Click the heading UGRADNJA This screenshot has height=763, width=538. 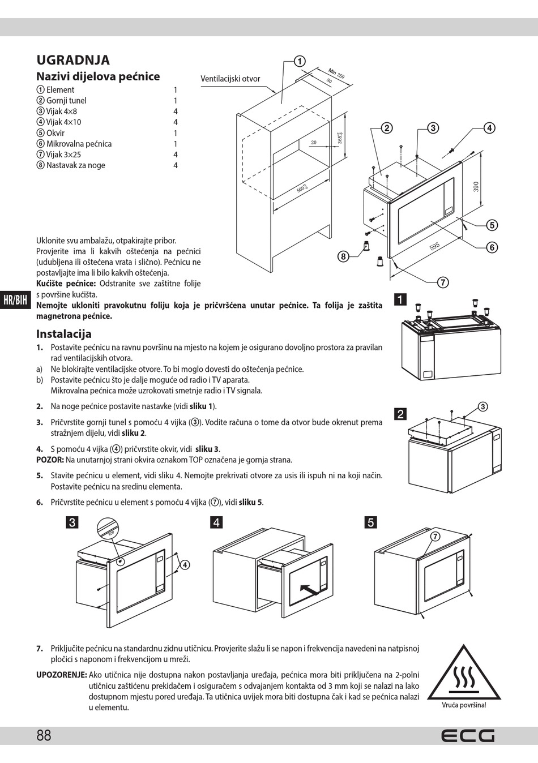(73, 61)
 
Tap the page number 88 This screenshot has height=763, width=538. (44, 735)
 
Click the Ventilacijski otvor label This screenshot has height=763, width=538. (230, 79)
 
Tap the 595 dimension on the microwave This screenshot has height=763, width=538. (434, 246)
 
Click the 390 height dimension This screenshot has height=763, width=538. (476, 186)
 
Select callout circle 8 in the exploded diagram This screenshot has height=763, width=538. (343, 256)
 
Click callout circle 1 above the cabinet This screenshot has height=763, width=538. (300, 61)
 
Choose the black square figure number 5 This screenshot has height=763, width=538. (371, 522)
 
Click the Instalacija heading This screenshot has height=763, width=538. (64, 334)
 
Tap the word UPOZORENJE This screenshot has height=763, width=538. (61, 675)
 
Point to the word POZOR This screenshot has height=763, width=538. (50, 460)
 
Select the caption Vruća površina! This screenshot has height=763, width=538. (464, 705)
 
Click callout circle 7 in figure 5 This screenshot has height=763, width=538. (435, 536)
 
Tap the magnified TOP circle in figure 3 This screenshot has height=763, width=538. (108, 529)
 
